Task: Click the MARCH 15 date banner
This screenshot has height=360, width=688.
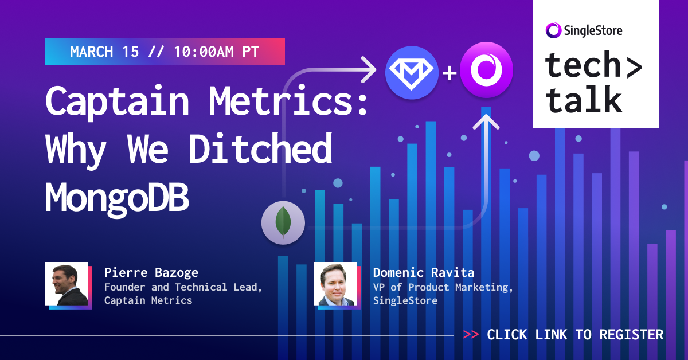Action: (165, 52)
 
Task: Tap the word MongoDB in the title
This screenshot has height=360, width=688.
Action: (117, 197)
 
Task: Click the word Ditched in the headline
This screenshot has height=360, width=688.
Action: (261, 148)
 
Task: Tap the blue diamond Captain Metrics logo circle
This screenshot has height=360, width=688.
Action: (412, 72)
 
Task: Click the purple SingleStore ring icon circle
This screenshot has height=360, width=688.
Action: (486, 72)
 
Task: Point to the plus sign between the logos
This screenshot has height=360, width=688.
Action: (449, 73)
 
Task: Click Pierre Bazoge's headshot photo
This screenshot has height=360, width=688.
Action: (67, 284)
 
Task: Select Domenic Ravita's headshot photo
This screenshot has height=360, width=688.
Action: (335, 284)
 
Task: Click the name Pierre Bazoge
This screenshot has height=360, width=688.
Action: (151, 272)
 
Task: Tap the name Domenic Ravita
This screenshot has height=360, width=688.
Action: (423, 272)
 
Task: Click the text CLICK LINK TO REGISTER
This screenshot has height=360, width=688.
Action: (575, 335)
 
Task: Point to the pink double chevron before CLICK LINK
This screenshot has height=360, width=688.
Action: (471, 335)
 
